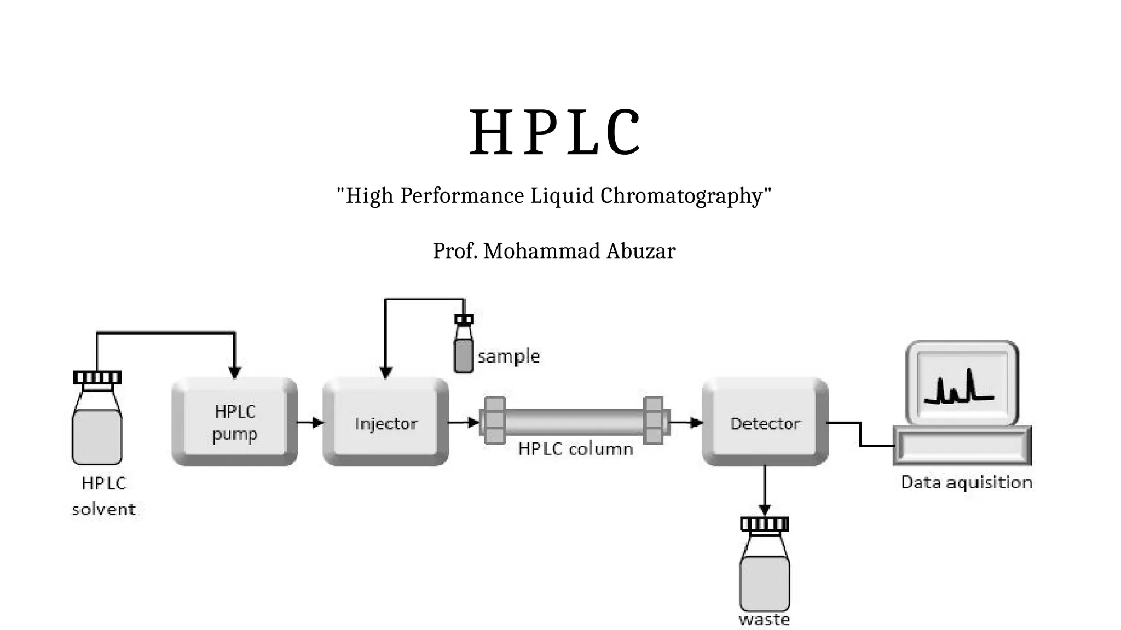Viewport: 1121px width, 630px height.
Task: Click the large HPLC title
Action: pyautogui.click(x=554, y=133)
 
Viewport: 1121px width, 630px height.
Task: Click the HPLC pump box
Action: pyautogui.click(x=235, y=422)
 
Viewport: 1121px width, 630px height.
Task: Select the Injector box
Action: pyautogui.click(x=386, y=422)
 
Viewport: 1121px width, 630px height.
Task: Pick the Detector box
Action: pyautogui.click(x=765, y=422)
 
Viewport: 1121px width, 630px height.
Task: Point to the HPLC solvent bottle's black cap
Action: pyautogui.click(x=97, y=377)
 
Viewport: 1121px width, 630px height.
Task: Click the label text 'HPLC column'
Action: pyautogui.click(x=575, y=449)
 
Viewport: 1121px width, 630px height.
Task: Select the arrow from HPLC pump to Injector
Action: pyautogui.click(x=310, y=422)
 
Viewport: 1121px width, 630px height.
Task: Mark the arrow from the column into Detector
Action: pyautogui.click(x=687, y=422)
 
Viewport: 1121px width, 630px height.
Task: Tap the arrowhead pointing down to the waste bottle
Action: pyautogui.click(x=765, y=510)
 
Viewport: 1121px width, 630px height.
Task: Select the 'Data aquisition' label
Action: pyautogui.click(x=967, y=482)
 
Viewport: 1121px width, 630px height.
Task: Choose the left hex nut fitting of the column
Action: pyautogui.click(x=494, y=420)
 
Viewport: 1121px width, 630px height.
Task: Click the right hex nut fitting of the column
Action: pyautogui.click(x=654, y=420)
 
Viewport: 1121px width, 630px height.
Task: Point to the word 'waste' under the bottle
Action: pyautogui.click(x=764, y=620)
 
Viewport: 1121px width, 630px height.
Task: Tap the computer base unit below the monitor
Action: pyautogui.click(x=962, y=446)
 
